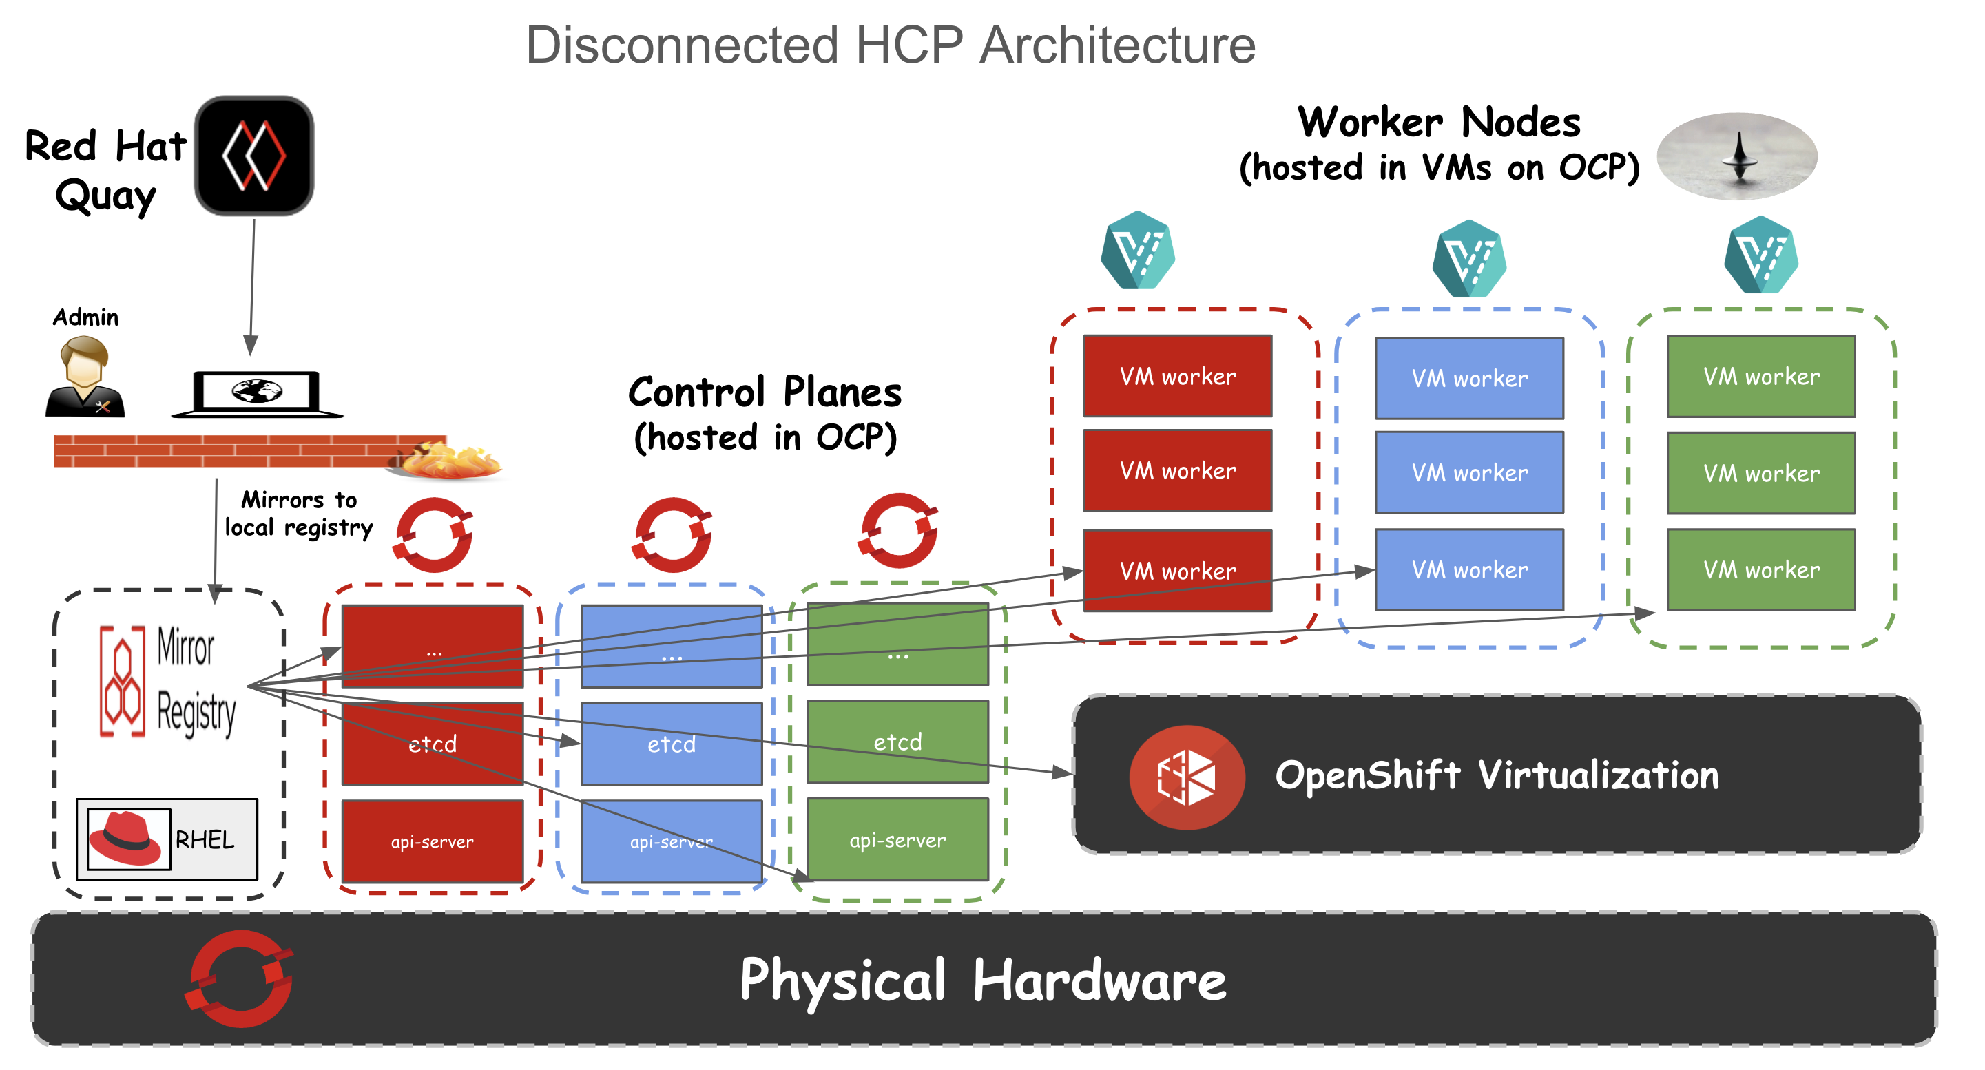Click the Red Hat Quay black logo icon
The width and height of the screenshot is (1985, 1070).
click(255, 156)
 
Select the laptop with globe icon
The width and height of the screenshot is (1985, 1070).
click(258, 394)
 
